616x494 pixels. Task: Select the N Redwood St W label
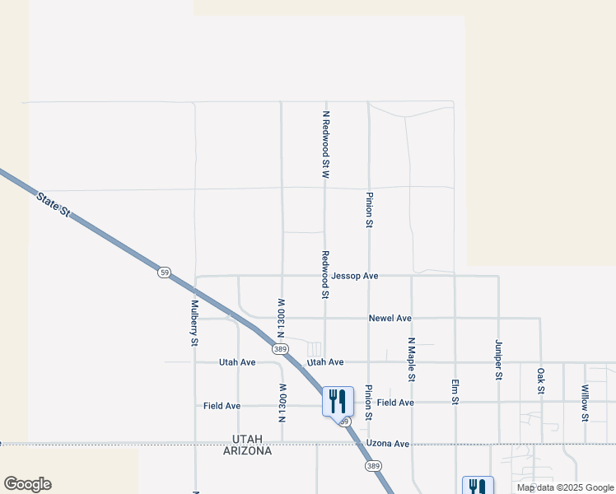pyautogui.click(x=326, y=145)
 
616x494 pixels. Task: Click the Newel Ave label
pyautogui.click(x=390, y=318)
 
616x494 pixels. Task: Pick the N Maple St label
pyautogui.click(x=411, y=359)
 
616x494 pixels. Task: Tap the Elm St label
pyautogui.click(x=455, y=391)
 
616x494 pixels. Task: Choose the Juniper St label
pyautogui.click(x=498, y=359)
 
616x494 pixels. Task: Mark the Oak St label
pyautogui.click(x=541, y=381)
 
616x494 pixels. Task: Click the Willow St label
pyautogui.click(x=585, y=403)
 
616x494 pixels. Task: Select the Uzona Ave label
pyautogui.click(x=389, y=444)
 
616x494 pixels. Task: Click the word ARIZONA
pyautogui.click(x=247, y=451)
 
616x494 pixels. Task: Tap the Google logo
pyautogui.click(x=27, y=484)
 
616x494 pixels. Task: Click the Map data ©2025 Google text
pyautogui.click(x=565, y=488)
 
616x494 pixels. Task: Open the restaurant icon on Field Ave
pyautogui.click(x=338, y=402)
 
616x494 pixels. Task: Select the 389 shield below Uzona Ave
pyautogui.click(x=373, y=466)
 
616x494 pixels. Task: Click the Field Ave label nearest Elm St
pyautogui.click(x=395, y=403)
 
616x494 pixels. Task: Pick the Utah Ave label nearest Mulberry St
pyautogui.click(x=237, y=362)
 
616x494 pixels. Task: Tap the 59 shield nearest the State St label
pyautogui.click(x=165, y=273)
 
